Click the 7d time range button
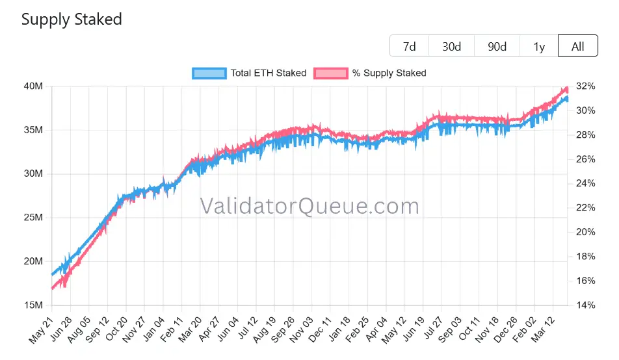[x=409, y=46]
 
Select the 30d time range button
[x=451, y=46]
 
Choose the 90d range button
[x=497, y=46]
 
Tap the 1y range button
[x=539, y=46]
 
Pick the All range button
[x=577, y=46]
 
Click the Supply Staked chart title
[x=72, y=19]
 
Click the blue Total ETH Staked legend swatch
[x=209, y=73]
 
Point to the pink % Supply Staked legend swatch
[x=330, y=73]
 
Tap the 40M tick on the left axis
[x=33, y=86]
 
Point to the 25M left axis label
[x=33, y=218]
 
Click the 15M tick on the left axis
[x=33, y=305]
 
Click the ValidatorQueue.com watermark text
[x=309, y=206]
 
